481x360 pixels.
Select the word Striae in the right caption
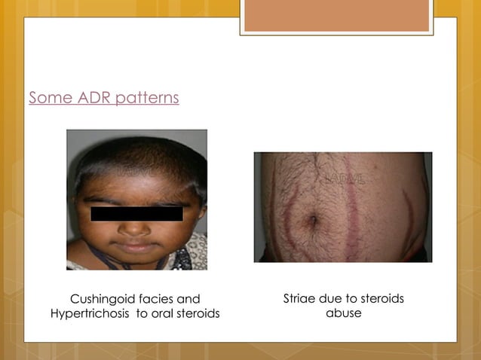tap(299, 299)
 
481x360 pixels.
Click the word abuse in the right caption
tap(343, 313)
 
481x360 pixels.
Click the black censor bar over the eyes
tap(136, 213)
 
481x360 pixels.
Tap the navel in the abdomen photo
tap(312, 221)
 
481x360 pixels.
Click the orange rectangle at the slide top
tap(336, 16)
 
